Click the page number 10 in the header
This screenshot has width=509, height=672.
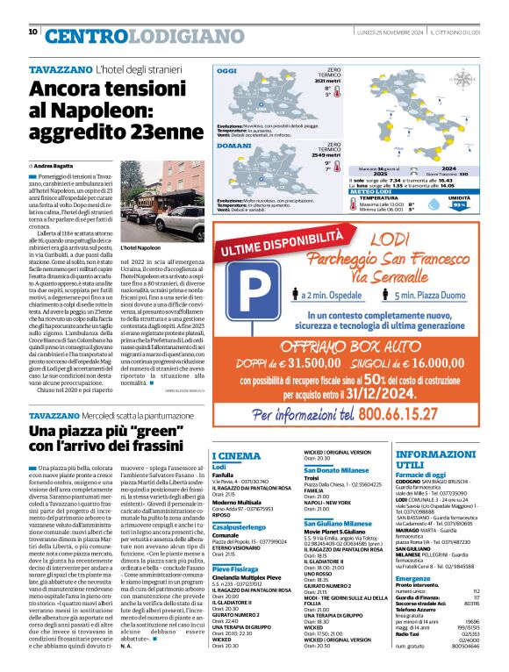coord(32,32)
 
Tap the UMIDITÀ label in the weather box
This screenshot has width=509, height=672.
coord(460,199)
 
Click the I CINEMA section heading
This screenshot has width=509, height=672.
coord(237,456)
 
